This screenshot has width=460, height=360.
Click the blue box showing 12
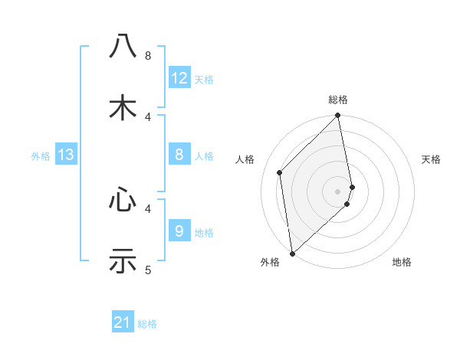click(x=179, y=78)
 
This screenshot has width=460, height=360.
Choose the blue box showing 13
click(x=66, y=155)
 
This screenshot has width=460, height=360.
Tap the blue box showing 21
click(x=123, y=323)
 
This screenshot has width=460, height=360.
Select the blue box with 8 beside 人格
click(x=179, y=155)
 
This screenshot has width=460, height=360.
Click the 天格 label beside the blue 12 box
click(x=204, y=80)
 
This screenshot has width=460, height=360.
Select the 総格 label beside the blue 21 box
click(x=147, y=324)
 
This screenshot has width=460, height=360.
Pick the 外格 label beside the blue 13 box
click(x=41, y=156)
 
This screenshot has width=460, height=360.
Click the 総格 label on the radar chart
click(x=338, y=100)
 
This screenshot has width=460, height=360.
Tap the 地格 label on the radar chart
click(x=402, y=262)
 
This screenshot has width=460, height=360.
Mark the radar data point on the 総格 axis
click(x=338, y=116)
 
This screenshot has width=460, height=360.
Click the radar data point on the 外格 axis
click(x=292, y=254)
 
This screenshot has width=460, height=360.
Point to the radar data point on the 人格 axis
click(x=280, y=172)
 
